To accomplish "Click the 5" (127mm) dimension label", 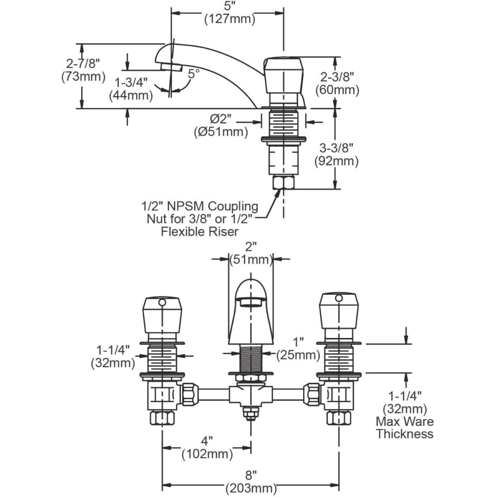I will click(x=230, y=13).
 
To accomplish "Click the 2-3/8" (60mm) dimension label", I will click(x=336, y=83).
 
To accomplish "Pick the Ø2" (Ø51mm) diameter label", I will click(x=220, y=125).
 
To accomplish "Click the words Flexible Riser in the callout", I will click(x=200, y=232).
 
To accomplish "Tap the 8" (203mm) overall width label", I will click(x=250, y=481).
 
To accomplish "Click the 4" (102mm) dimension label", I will click(x=207, y=448).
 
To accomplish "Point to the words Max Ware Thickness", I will click(x=405, y=428).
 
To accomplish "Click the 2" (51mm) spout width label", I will click(x=251, y=253).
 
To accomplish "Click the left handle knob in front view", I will click(x=162, y=316).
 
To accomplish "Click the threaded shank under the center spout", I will click(x=251, y=359).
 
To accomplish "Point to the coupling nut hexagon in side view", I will click(x=283, y=182).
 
